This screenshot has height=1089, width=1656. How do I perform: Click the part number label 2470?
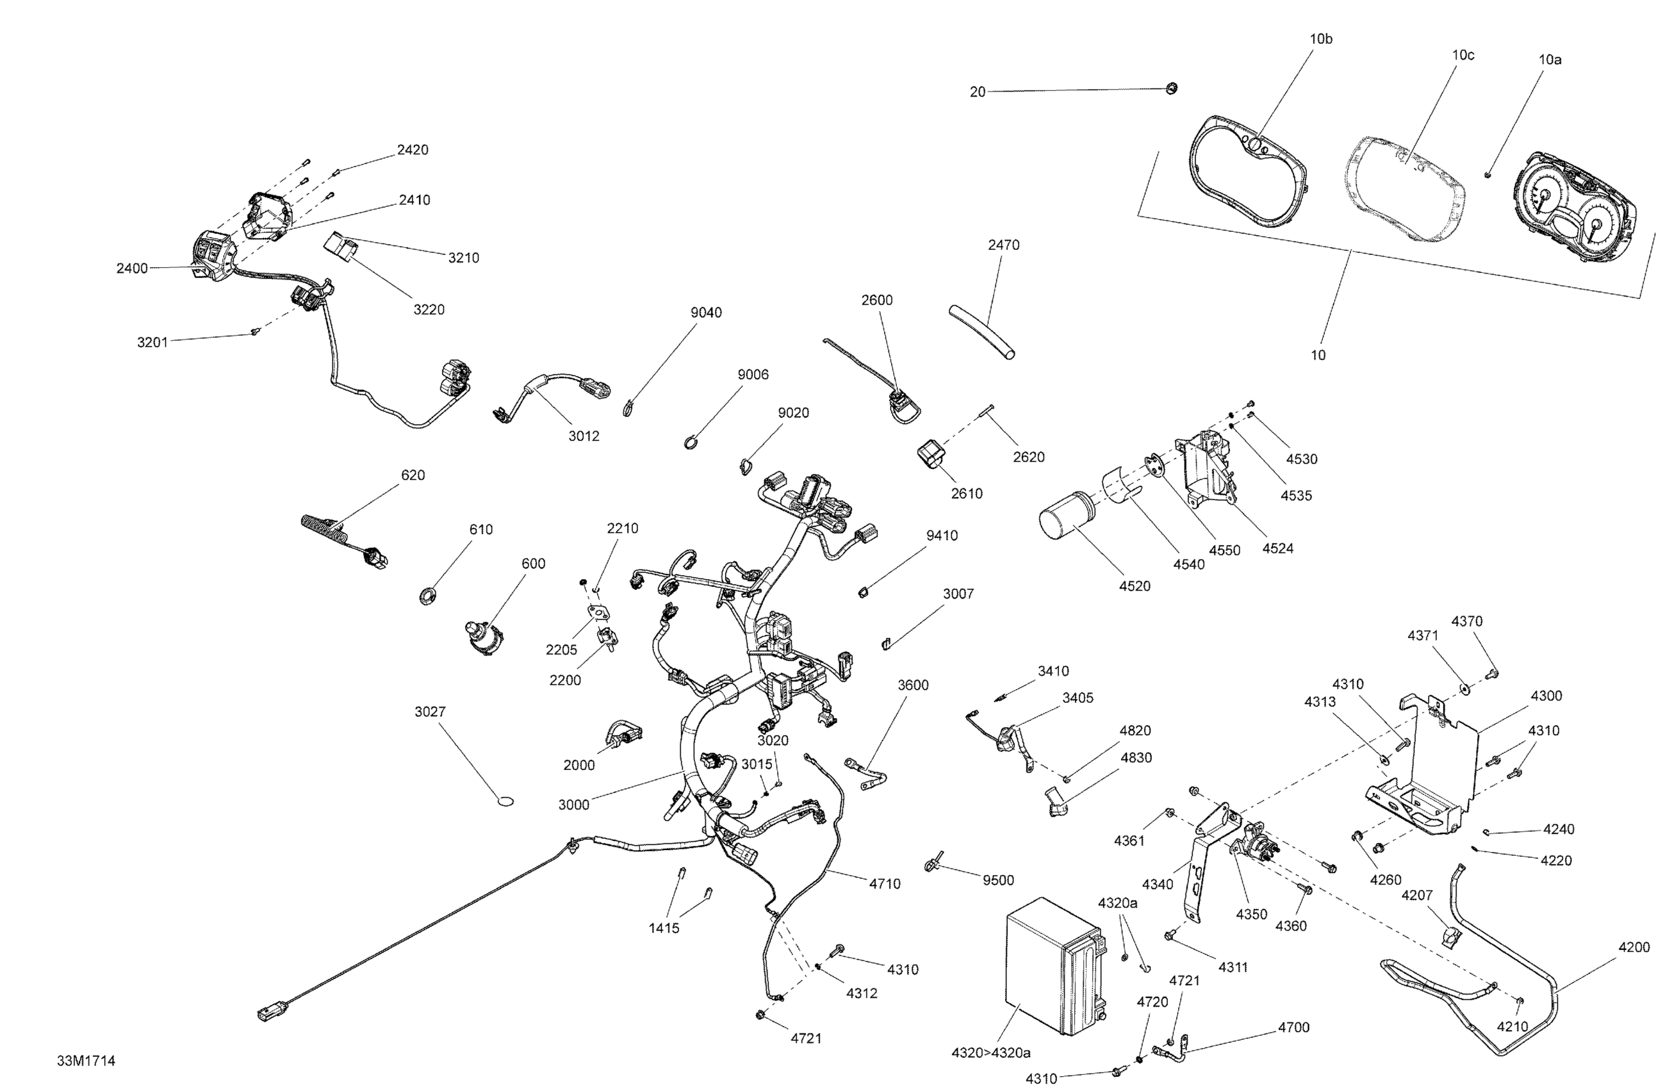[1003, 245]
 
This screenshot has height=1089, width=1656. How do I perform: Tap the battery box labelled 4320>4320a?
[1056, 967]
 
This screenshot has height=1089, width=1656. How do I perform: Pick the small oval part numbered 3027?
[506, 801]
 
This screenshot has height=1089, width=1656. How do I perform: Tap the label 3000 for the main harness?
[573, 805]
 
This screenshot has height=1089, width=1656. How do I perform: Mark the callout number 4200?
[1634, 947]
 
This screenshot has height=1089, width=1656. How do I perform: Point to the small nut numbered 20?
[1172, 88]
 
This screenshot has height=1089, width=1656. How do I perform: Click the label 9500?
[998, 881]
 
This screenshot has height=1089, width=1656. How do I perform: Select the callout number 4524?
[1277, 549]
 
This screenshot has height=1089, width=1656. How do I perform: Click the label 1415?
[664, 928]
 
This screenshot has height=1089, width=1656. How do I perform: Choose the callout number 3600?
[912, 685]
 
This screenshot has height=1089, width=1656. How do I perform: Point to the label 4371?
[1423, 635]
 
